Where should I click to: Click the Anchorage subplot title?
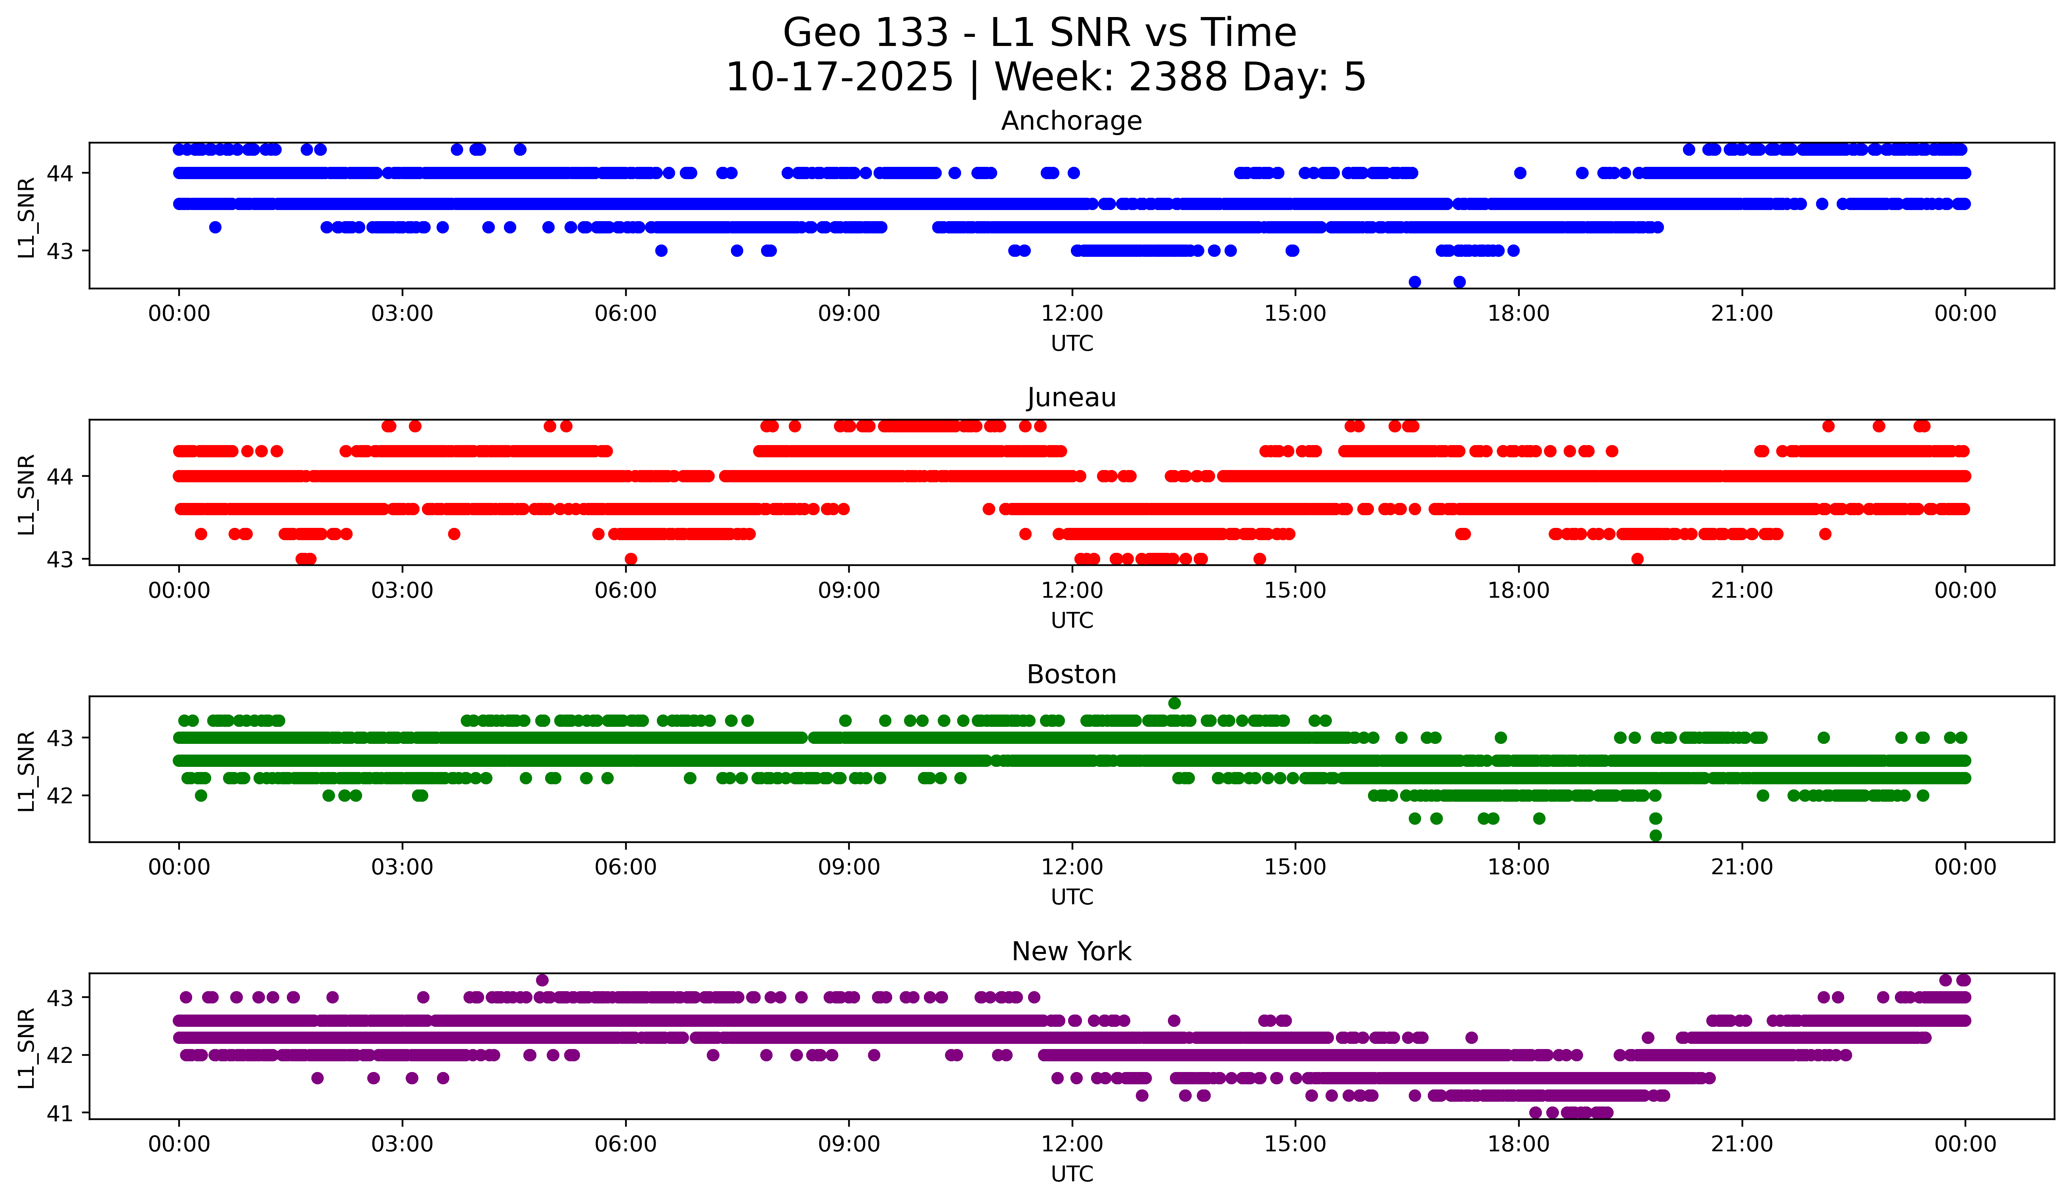click(1071, 121)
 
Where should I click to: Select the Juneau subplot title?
click(1071, 397)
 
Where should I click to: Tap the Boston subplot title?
click(1071, 675)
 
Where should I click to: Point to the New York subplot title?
click(1071, 952)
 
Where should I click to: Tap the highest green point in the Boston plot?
click(1175, 703)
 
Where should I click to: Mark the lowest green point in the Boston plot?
click(1655, 835)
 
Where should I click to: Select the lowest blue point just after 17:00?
click(1459, 282)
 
